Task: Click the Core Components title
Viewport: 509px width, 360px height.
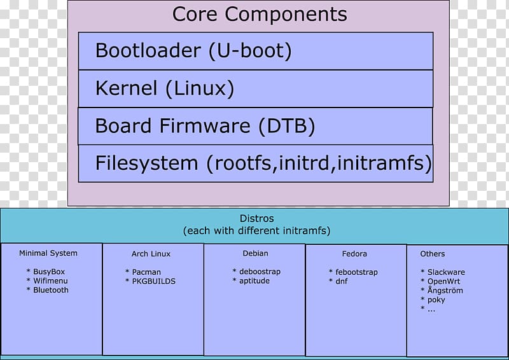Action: pos(260,14)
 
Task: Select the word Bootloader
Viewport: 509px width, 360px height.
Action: pos(148,50)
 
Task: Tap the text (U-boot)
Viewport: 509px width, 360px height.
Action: pos(250,51)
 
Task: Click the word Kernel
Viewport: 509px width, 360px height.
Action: pos(126,88)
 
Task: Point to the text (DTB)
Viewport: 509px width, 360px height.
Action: pos(287,126)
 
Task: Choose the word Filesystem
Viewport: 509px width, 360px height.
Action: pos(146,163)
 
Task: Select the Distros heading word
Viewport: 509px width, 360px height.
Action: pos(256,218)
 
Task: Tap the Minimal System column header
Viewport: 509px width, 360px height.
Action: pos(48,253)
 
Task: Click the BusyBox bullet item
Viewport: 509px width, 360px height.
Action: pos(49,272)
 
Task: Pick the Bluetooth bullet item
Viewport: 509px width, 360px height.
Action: pos(51,290)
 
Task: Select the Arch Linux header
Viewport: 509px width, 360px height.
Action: pos(151,254)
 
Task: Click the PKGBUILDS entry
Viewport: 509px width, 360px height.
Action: pos(153,281)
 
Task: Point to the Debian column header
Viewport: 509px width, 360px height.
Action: pos(256,253)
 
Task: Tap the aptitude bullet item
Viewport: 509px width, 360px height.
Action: pos(254,280)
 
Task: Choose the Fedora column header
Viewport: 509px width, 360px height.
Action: pos(354,254)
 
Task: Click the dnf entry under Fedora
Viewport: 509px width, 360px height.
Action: pos(342,281)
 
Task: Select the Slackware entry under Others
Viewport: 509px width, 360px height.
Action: pos(446,272)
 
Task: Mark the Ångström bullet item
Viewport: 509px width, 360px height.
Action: pos(445,290)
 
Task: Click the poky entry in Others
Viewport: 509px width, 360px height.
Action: pos(436,300)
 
